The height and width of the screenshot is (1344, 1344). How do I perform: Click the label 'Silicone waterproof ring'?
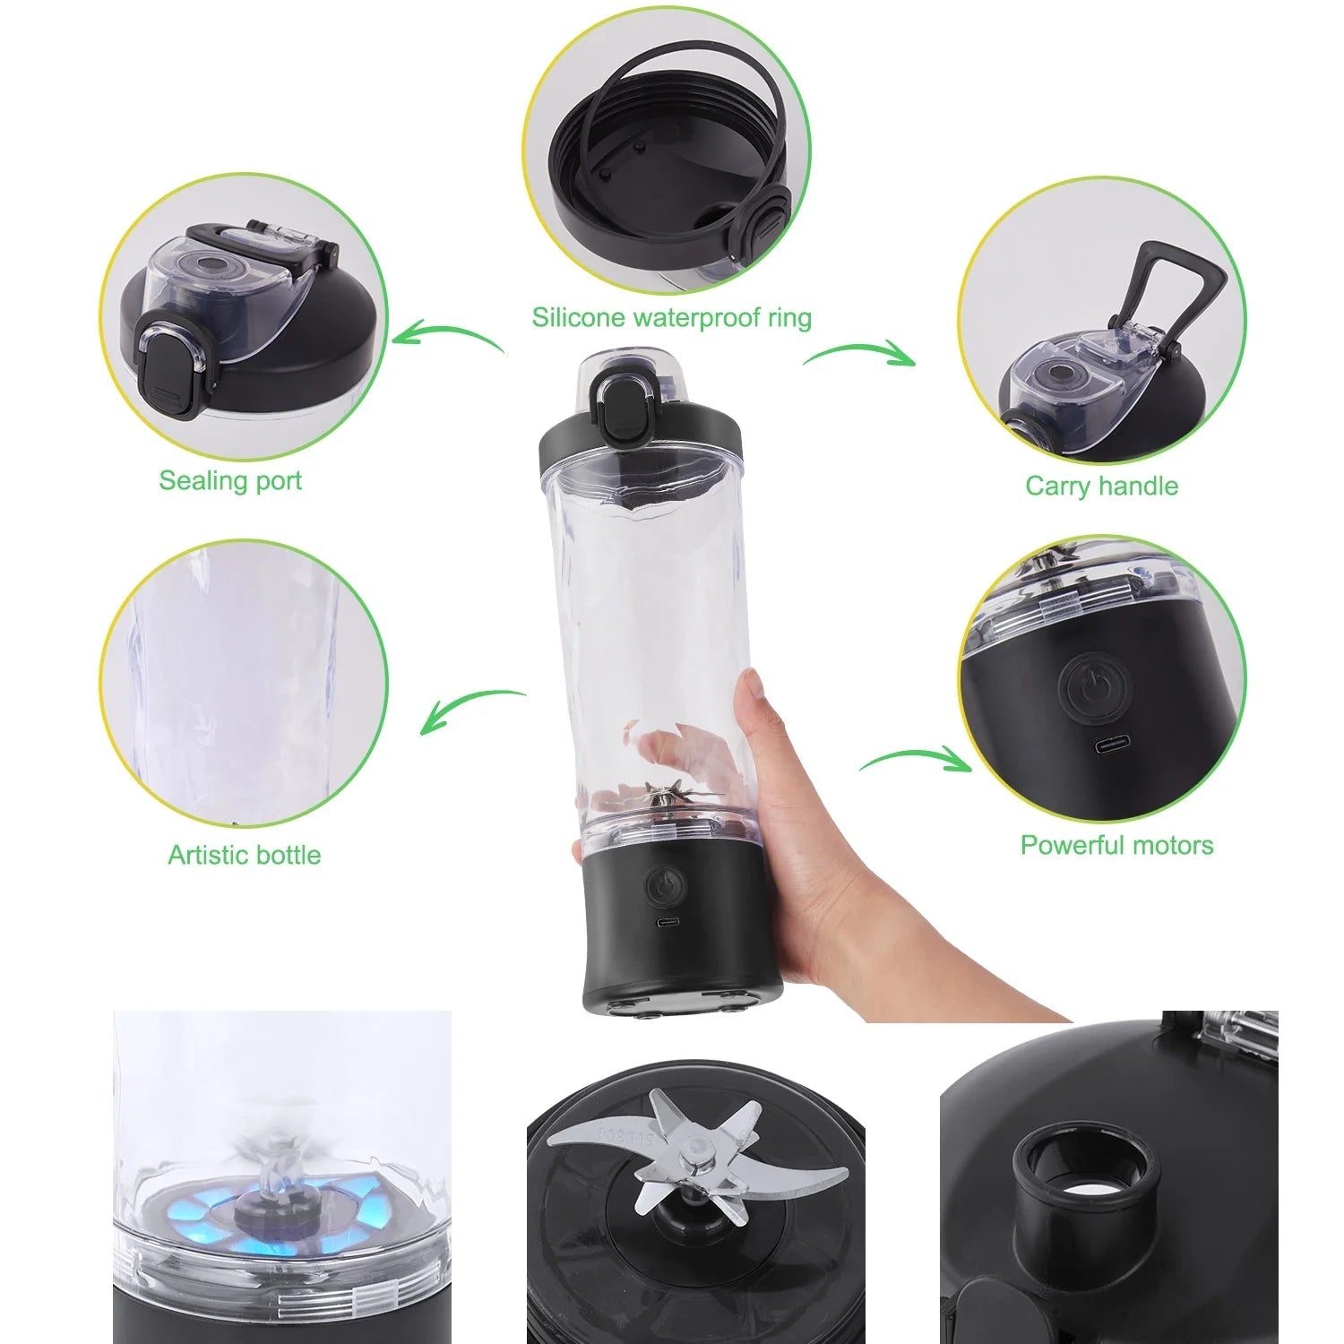(x=671, y=317)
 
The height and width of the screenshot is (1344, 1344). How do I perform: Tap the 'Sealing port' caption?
(x=230, y=480)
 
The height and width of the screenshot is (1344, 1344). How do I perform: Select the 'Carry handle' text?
(x=1101, y=486)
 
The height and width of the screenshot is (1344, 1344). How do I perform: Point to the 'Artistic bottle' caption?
(x=244, y=854)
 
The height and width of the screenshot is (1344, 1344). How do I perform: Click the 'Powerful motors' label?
(x=1116, y=845)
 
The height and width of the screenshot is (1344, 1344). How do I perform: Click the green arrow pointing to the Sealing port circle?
(x=448, y=338)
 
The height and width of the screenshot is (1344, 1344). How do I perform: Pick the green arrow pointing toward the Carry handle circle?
(x=860, y=352)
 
